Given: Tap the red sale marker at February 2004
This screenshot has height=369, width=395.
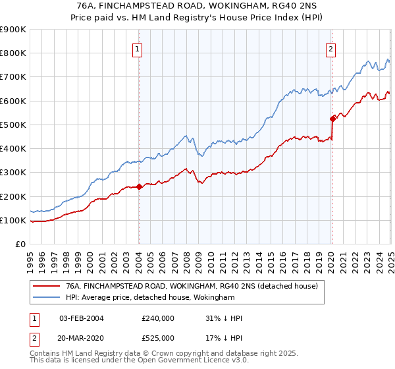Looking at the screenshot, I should (139, 186).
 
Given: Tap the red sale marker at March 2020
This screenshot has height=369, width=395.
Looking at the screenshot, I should (332, 119).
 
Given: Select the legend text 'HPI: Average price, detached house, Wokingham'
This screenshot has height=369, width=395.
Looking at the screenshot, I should (150, 298).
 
